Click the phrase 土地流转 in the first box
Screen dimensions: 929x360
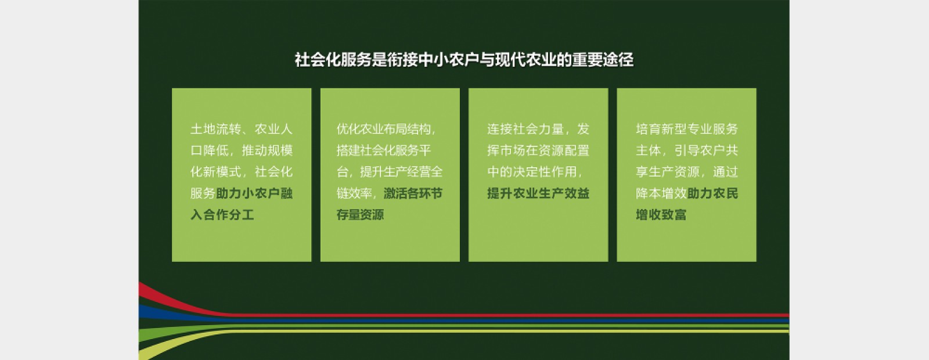[x=215, y=129]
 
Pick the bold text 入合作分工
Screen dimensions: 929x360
[x=222, y=214]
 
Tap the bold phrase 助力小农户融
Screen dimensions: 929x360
[x=254, y=193]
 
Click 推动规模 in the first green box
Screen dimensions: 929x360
[x=267, y=150]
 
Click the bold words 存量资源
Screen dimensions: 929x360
[x=360, y=214]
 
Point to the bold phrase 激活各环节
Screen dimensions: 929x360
[x=413, y=193]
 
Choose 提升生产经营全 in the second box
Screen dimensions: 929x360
[x=401, y=172]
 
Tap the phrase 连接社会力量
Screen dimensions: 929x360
[x=525, y=129]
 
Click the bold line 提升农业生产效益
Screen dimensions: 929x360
[x=538, y=193]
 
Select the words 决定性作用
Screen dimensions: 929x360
[x=545, y=172]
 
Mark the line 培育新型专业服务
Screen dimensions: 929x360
[x=687, y=129]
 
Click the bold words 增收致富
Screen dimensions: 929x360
[x=661, y=214]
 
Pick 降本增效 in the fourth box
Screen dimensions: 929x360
[x=661, y=193]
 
